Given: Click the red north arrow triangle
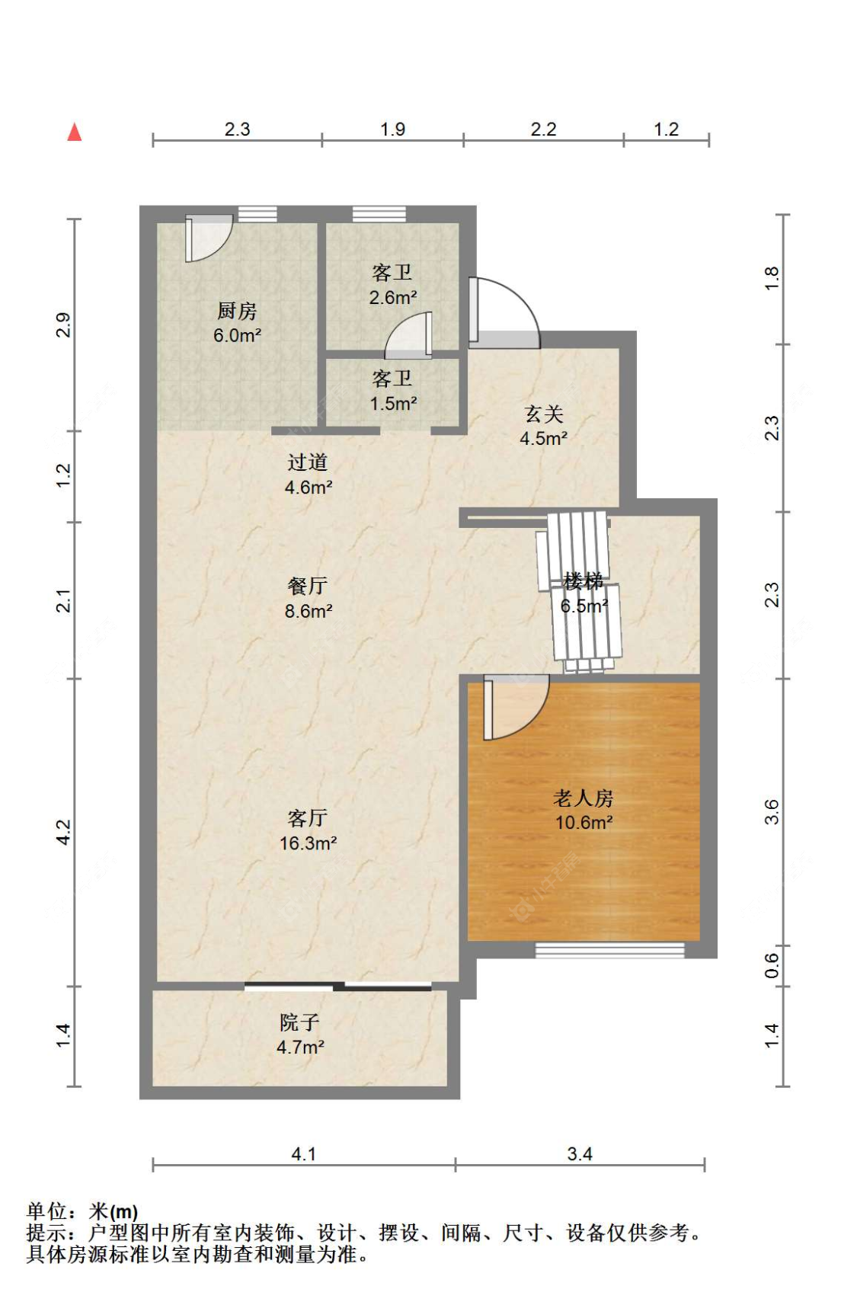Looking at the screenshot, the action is (74, 132).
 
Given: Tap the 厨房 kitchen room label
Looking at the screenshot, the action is (237, 311).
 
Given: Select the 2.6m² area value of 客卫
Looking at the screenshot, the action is (392, 297).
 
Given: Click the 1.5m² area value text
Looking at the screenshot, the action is (393, 403).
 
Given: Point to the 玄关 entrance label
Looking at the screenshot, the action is (544, 414).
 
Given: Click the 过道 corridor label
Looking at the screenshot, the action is (307, 462).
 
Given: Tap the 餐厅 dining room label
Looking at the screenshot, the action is (307, 586).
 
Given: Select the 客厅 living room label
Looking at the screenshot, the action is (307, 818).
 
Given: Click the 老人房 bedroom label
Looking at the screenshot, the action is (584, 798).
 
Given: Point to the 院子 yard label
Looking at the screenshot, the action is (299, 1022).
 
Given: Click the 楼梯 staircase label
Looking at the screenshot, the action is (584, 581).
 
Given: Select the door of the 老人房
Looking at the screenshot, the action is (516, 708).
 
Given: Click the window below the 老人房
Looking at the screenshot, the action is (610, 951).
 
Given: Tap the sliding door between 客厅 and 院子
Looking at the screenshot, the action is (338, 987).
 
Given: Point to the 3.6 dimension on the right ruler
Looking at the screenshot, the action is (771, 811).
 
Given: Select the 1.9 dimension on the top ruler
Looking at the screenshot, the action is (392, 129).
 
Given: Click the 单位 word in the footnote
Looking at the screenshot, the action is (46, 1212).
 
